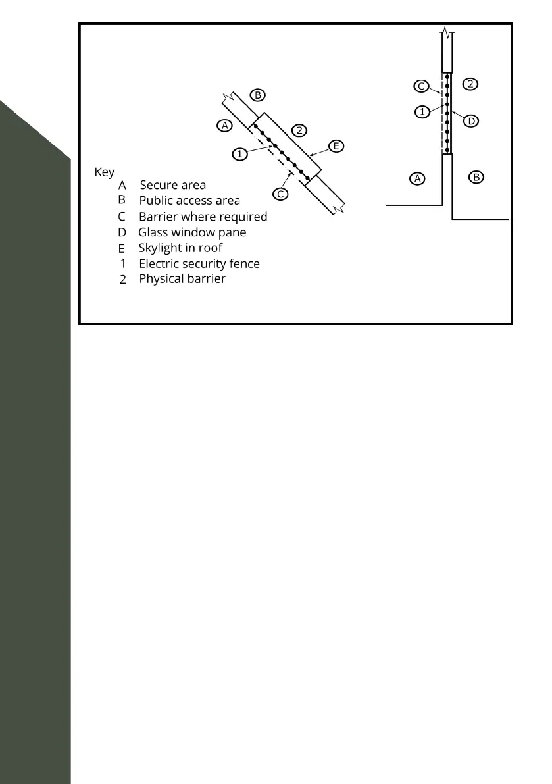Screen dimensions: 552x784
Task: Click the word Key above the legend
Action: [x=105, y=172]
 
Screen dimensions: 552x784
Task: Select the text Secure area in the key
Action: [x=172, y=185]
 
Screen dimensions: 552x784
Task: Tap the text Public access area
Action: [x=189, y=200]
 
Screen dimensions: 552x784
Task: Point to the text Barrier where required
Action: [x=203, y=216]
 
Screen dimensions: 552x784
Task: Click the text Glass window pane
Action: [x=192, y=232]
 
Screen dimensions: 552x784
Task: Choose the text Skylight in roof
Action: [x=180, y=248]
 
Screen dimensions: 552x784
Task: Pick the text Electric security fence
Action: [x=199, y=263]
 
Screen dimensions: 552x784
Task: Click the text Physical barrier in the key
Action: [x=182, y=278]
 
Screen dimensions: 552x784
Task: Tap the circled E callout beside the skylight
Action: [x=336, y=146]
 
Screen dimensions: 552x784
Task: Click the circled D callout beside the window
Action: [x=472, y=120]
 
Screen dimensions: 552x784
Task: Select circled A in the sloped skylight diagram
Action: [x=224, y=125]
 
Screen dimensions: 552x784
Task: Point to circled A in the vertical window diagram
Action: [x=416, y=178]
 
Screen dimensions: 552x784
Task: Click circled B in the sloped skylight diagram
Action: [x=258, y=95]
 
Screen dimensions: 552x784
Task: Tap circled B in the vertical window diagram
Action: [x=477, y=176]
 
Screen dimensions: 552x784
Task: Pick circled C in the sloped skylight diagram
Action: [x=280, y=194]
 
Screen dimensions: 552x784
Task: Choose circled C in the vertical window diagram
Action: [x=422, y=86]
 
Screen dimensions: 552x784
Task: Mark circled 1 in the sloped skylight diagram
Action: [x=240, y=153]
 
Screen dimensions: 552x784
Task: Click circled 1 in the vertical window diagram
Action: [x=422, y=112]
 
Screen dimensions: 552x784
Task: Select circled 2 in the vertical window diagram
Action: [x=470, y=84]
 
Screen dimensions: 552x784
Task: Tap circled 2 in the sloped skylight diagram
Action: [x=299, y=130]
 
